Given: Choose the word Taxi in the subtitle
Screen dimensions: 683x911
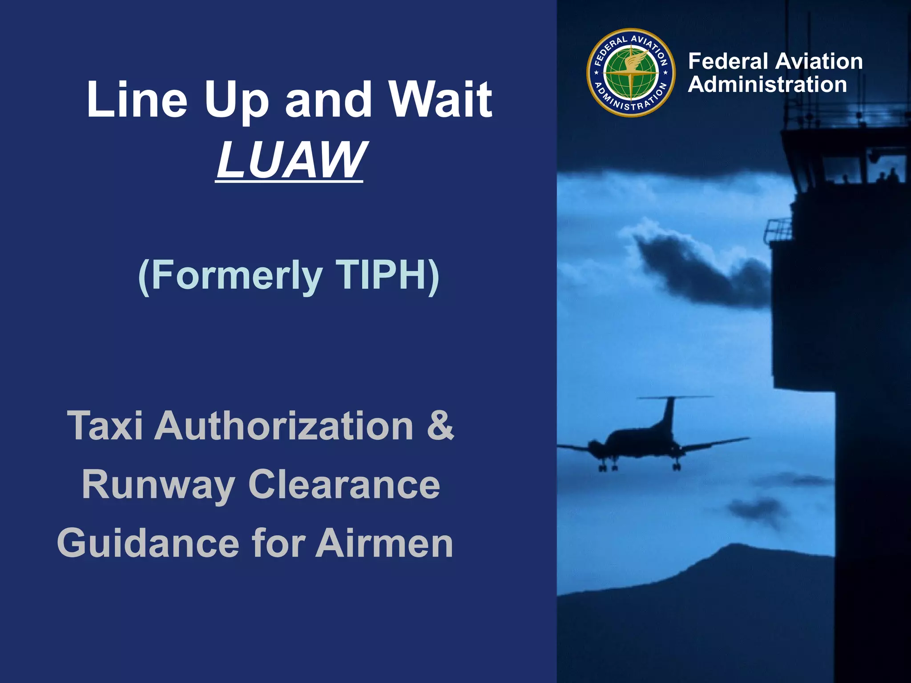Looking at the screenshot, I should (x=105, y=426).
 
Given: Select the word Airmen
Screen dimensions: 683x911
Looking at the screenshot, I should (x=384, y=543).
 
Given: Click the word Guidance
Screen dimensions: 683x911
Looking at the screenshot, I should (x=148, y=543).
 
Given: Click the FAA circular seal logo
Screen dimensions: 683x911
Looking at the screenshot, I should (x=631, y=73).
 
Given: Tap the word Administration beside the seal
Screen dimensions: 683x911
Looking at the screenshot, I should (x=767, y=84).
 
